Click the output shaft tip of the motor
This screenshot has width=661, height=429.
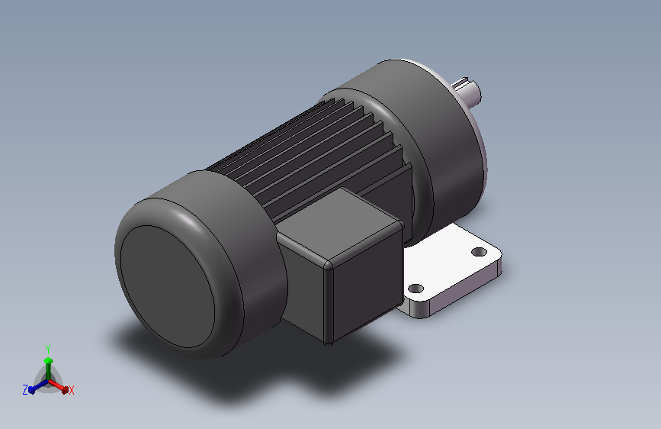point(468,91)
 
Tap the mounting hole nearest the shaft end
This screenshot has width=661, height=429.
point(479,252)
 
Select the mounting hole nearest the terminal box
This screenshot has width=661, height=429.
point(416,289)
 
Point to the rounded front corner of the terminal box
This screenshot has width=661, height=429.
point(328,265)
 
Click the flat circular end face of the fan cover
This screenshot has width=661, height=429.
point(168,286)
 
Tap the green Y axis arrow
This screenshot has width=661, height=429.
point(48,367)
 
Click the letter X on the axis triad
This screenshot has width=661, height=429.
point(71,390)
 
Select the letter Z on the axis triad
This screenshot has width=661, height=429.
point(25,390)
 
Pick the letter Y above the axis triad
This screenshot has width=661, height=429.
point(47,350)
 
